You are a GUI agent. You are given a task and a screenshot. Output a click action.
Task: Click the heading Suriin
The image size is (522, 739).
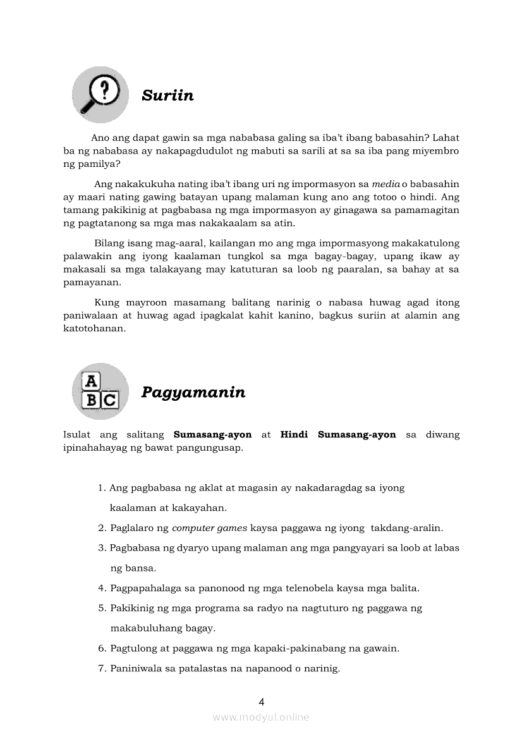167,96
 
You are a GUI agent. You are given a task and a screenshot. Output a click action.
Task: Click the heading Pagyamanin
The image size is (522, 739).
193,393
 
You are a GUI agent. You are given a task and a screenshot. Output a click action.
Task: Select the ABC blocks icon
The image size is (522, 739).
100,391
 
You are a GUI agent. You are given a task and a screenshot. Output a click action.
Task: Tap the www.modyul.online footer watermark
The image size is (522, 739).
261,717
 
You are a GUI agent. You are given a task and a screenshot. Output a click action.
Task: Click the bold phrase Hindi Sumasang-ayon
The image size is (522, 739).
338,435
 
